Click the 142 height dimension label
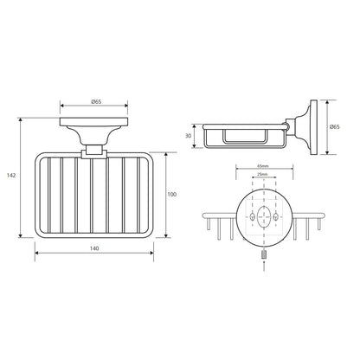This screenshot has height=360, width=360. click(11, 176)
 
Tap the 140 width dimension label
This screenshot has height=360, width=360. click(94, 248)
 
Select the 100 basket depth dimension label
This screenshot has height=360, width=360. click(172, 195)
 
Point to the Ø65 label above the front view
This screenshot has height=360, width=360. click(96, 101)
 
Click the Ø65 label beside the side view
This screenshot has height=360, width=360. click(334, 126)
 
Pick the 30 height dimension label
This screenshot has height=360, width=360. click(188, 135)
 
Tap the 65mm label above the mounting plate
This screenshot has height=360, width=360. click(263, 166)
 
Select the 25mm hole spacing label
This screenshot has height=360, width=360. click(263, 174)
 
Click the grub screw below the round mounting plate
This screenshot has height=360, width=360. click(264, 255)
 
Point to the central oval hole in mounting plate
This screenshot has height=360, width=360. click(264, 216)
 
